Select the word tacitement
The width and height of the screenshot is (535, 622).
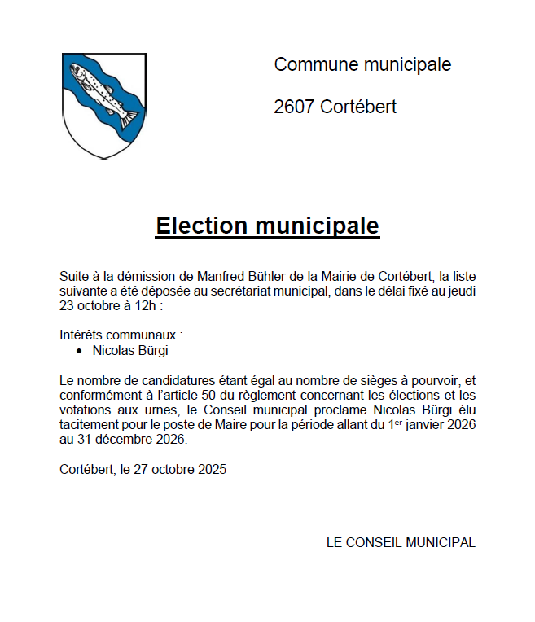(x=90, y=426)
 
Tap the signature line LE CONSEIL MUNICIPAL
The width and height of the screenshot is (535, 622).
(x=400, y=542)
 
